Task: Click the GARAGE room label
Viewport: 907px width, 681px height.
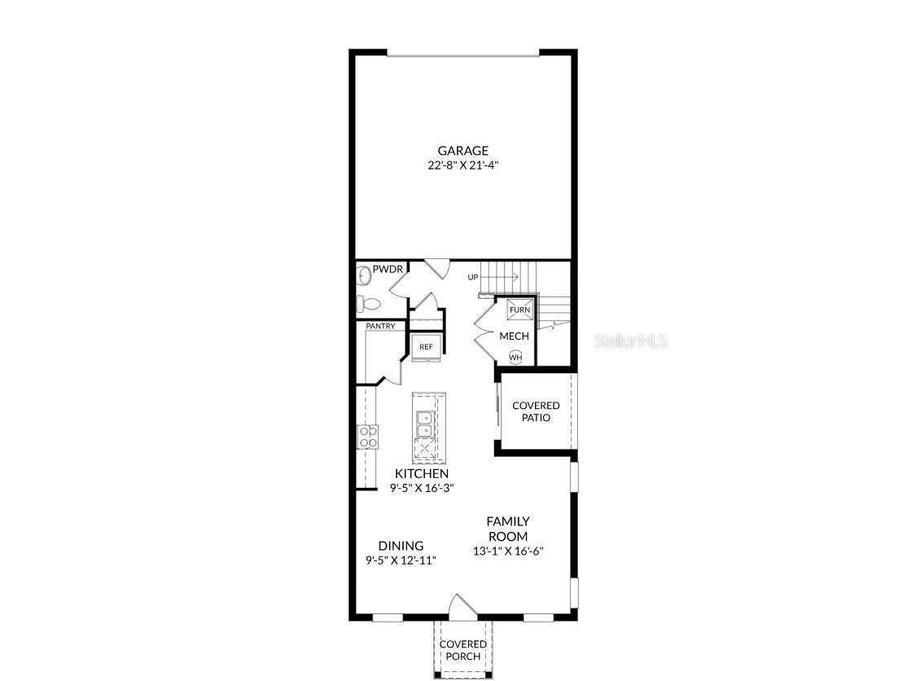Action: (462, 151)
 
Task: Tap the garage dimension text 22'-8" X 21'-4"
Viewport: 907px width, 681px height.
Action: (462, 165)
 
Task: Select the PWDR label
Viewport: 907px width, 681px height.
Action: (388, 269)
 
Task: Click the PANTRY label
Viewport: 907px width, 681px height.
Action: (380, 327)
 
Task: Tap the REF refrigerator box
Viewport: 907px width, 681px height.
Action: (427, 346)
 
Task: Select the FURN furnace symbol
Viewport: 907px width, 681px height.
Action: (519, 310)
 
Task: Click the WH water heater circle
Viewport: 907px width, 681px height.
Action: (515, 358)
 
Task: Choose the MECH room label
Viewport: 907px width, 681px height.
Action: (515, 336)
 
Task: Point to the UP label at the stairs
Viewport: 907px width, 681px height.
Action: (473, 277)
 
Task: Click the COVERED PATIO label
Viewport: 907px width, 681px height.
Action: (537, 412)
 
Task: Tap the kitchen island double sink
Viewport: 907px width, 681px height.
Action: (425, 424)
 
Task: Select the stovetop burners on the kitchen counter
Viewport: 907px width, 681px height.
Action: (368, 437)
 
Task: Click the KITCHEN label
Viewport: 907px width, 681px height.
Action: (422, 474)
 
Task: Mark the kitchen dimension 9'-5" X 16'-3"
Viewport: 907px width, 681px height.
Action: (422, 488)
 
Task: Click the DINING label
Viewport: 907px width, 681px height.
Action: (401, 546)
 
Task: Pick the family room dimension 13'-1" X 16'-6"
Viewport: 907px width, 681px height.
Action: (508, 551)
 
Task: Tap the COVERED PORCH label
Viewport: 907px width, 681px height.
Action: (462, 650)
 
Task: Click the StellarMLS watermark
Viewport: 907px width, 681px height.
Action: (631, 341)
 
